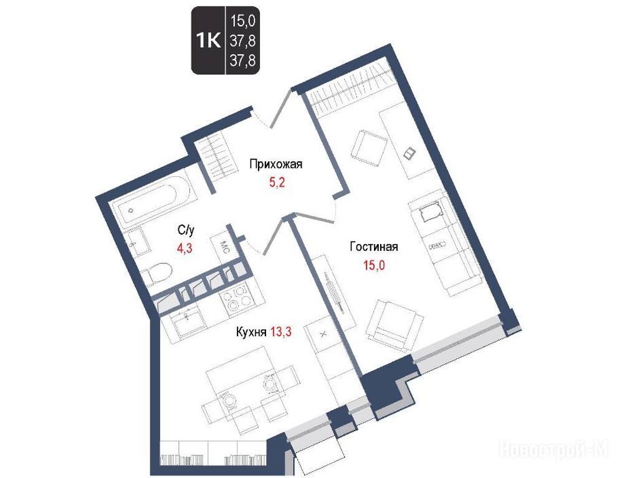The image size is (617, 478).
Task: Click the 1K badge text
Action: pos(208,40)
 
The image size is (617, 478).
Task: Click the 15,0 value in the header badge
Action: pos(243,21)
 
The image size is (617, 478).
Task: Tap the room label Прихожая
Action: pos(276,164)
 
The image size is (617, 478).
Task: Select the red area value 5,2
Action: pos(277,182)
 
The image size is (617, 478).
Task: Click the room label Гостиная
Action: pos(374,246)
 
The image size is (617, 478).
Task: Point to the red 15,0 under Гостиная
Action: pos(374,266)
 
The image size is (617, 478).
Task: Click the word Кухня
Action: pos(251,332)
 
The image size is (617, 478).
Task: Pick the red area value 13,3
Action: pos(281,332)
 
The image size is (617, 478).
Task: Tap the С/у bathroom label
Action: pos(186,230)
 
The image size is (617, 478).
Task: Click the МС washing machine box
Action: pos(221,247)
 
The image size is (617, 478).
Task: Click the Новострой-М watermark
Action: pos(553,449)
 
